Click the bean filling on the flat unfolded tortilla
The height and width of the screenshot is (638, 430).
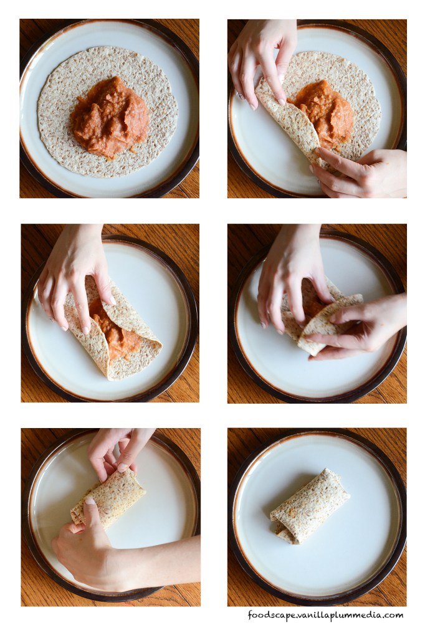[x=109, y=118]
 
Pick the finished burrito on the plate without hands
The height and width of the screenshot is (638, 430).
[x=309, y=507]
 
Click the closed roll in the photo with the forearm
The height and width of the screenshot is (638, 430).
[x=108, y=498]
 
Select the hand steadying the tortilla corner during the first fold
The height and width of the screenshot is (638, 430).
[x=358, y=171]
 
